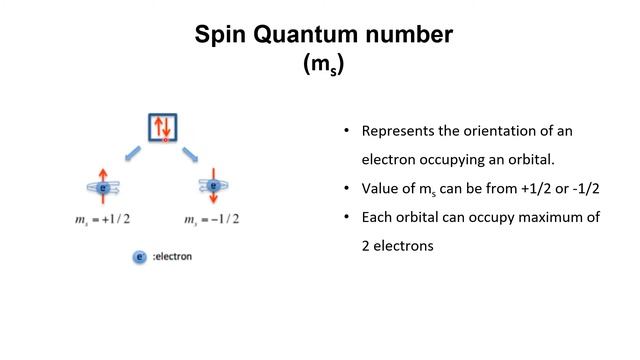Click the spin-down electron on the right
point(214,185)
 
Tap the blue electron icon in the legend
point(140,257)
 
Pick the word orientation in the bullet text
point(503,132)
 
